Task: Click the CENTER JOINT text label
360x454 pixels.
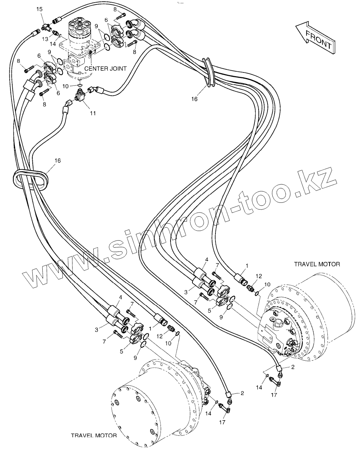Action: coord(105,69)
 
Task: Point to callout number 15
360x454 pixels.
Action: coord(39,9)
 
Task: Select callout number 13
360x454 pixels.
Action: coord(45,39)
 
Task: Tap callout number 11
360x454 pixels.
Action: coord(93,113)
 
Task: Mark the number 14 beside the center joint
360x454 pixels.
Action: coord(53,44)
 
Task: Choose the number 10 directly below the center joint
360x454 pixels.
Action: coord(65,86)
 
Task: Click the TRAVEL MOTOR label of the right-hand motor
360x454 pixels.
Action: coord(317,264)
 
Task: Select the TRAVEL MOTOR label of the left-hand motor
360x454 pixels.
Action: coord(94,435)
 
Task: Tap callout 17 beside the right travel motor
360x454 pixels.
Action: coord(274,395)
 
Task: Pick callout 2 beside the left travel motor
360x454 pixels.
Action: coord(242,393)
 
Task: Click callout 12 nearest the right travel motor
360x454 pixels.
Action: coord(259,276)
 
